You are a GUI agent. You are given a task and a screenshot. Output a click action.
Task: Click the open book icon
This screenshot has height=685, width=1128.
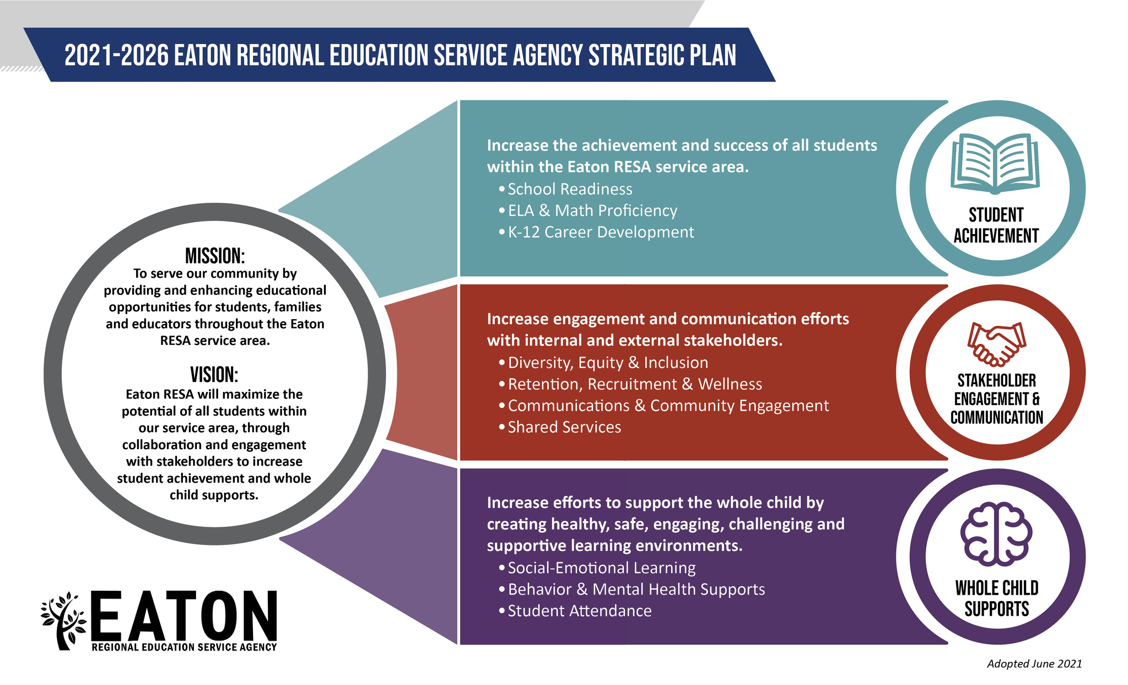coord(995,164)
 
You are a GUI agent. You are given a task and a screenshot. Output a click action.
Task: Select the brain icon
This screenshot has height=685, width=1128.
coord(996,533)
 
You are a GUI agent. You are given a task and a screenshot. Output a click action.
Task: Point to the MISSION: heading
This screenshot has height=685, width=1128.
coord(215,256)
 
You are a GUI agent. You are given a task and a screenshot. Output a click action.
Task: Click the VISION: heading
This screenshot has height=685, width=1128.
coord(214,375)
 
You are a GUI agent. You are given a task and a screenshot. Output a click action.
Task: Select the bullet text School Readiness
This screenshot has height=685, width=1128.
coord(570,189)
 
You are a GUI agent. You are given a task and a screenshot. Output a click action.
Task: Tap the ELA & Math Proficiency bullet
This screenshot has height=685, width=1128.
coord(592,211)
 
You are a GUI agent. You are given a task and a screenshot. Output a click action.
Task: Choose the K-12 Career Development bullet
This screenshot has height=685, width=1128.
coord(601,232)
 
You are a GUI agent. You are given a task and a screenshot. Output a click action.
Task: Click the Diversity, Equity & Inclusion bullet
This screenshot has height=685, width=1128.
coord(608,363)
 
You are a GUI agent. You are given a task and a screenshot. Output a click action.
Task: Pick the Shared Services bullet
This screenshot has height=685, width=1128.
coord(564,427)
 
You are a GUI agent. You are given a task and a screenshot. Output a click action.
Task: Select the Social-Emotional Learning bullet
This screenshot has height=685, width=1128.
coord(601,568)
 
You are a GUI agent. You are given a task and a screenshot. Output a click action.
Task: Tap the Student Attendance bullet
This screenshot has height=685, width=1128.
coord(579,611)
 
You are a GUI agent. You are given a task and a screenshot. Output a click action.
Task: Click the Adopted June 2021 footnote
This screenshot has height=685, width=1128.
coord(1034,664)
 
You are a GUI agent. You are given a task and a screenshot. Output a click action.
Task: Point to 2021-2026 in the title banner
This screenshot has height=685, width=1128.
coord(116,56)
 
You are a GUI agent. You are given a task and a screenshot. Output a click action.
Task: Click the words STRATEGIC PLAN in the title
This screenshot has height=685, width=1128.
coord(662,56)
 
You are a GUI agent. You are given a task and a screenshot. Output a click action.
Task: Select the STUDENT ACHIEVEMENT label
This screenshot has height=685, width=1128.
coord(996,225)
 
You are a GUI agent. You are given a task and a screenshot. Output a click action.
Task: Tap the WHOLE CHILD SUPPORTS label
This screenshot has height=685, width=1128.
coord(996,598)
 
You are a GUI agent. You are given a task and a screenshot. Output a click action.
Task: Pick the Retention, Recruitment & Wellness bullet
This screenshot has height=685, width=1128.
coord(635,384)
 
